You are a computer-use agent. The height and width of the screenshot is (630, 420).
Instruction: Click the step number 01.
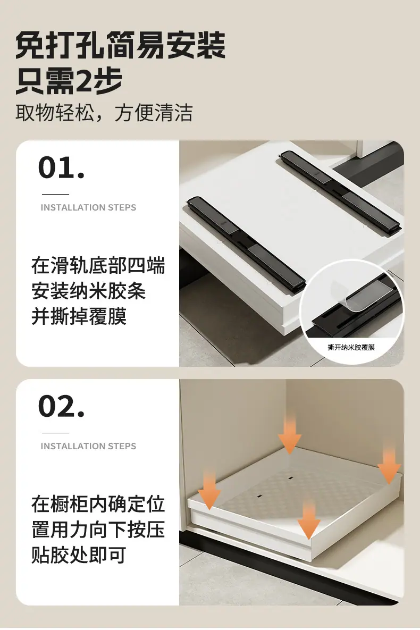[62, 168]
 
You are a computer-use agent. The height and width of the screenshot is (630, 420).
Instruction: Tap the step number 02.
[62, 407]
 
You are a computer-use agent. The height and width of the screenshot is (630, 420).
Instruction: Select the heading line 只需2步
[69, 81]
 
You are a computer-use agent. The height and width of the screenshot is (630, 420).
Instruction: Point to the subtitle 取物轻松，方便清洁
[104, 113]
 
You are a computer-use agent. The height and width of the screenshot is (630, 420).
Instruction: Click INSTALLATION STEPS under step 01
[88, 207]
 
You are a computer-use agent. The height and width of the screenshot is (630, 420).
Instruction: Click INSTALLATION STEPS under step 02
[88, 446]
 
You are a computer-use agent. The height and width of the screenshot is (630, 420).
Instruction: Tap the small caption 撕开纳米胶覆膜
[351, 347]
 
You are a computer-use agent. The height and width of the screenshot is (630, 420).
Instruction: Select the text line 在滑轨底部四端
[98, 266]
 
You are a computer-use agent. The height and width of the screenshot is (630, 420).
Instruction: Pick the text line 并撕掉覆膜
[79, 317]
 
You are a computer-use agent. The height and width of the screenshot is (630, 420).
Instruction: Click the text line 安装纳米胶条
[88, 291]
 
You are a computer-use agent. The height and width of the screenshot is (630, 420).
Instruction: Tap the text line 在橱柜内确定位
[98, 505]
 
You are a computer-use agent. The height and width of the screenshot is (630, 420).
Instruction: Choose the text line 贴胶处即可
[79, 555]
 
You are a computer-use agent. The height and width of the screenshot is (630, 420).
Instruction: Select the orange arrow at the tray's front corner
[309, 520]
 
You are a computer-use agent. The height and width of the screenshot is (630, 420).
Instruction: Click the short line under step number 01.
[55, 194]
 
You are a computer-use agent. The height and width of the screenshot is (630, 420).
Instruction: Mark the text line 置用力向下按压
[98, 530]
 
